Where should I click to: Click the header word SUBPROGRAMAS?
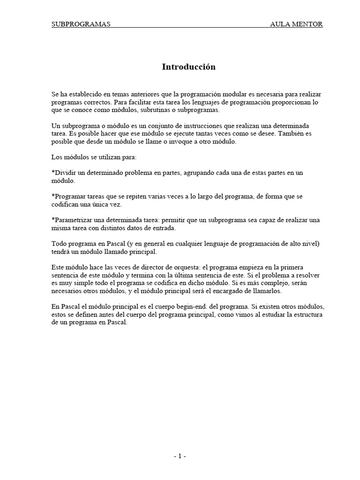(81, 24)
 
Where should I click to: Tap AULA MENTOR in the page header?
(296, 24)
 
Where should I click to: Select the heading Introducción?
(189, 67)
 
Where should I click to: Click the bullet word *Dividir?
(64, 173)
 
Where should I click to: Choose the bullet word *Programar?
(68, 196)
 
